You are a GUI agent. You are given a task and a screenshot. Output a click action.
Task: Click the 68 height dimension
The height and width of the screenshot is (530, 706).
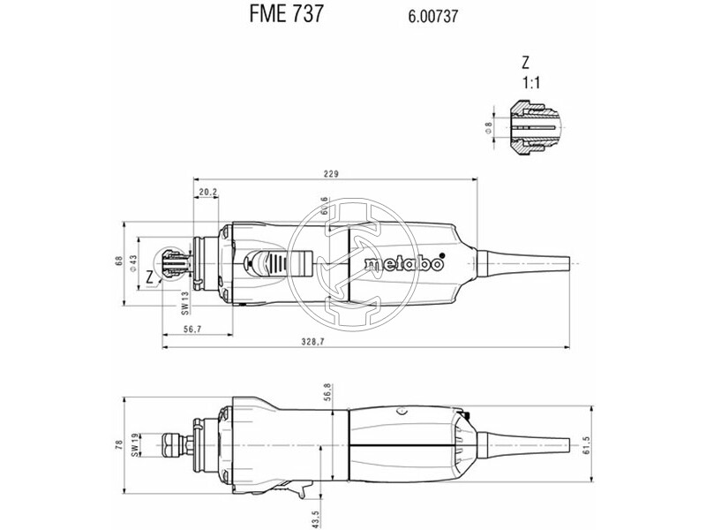coord(120,262)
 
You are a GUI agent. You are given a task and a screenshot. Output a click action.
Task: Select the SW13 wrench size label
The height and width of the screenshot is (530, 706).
coord(186,302)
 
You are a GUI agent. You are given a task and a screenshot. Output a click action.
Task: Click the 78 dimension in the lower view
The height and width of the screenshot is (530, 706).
coord(121,445)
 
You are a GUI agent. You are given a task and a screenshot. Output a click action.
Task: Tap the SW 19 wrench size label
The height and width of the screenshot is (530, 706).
coord(134,446)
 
